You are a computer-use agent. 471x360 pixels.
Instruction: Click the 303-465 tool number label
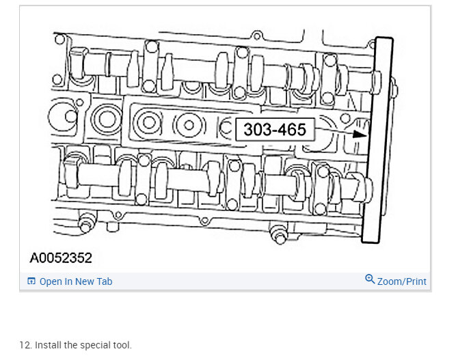click(x=275, y=129)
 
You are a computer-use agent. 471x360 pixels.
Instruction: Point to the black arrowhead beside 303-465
click(x=360, y=134)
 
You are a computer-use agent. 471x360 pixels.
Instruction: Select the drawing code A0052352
click(x=61, y=258)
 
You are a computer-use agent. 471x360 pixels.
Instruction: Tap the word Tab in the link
click(x=105, y=281)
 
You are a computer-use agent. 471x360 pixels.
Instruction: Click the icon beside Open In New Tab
click(x=31, y=281)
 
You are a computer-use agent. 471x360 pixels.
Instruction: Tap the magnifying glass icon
click(x=370, y=279)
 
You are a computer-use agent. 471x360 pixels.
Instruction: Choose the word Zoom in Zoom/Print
click(x=389, y=281)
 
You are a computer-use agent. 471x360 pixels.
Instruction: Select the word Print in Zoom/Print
click(x=415, y=281)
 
